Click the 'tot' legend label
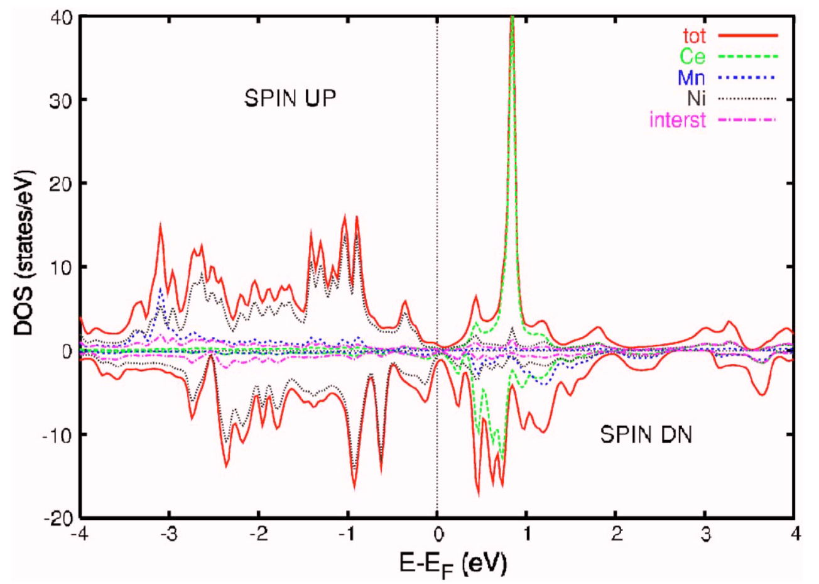[x=693, y=36]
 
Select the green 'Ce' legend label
[x=692, y=57]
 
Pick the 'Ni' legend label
[x=696, y=99]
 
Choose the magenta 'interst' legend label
[x=677, y=119]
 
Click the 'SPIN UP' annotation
[x=290, y=99]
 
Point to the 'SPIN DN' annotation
[x=646, y=434]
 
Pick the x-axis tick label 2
[x=617, y=535]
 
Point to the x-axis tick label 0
[x=438, y=535]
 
